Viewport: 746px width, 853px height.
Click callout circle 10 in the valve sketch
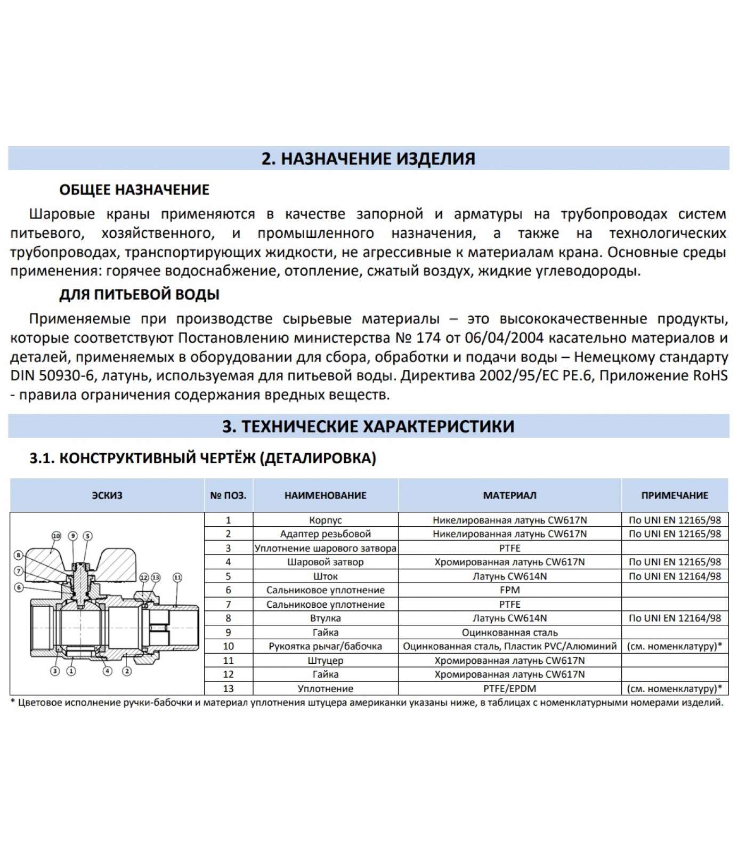click(x=56, y=536)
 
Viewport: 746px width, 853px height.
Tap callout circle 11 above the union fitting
click(x=177, y=577)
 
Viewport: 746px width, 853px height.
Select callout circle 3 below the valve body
click(x=55, y=671)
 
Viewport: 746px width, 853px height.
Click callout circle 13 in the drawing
click(x=156, y=577)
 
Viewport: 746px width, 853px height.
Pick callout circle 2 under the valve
click(x=127, y=671)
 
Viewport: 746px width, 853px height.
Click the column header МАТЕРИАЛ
click(x=509, y=495)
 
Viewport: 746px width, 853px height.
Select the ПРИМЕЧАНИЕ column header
click(x=674, y=495)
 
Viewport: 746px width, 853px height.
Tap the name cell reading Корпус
click(x=325, y=520)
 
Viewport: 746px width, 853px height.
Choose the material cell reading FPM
click(x=509, y=590)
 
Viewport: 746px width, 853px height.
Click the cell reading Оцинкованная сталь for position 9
click(x=509, y=632)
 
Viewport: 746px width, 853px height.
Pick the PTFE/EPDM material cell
click(x=509, y=689)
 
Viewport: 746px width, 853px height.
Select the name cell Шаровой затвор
click(x=325, y=562)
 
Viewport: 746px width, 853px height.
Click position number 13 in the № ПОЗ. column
click(x=228, y=689)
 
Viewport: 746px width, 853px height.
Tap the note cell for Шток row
click(x=674, y=576)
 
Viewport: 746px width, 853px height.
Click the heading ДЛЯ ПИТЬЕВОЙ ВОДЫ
click(x=139, y=295)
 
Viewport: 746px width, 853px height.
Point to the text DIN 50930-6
click(x=52, y=376)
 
